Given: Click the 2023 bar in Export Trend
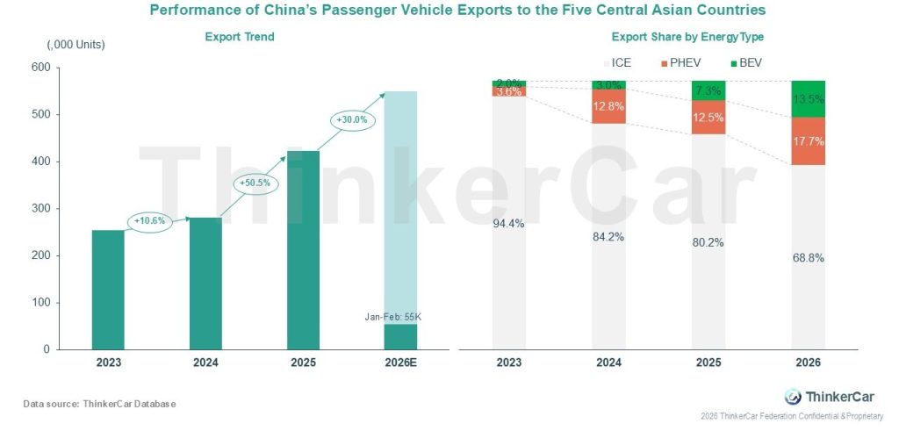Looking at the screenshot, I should [108, 290].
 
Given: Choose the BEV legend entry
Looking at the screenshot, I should [748, 63].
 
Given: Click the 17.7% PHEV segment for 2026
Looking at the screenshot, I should [809, 141].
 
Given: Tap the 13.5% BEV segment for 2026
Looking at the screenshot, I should [809, 98].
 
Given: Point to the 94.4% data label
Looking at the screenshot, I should [509, 223].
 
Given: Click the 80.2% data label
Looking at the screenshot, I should [708, 242].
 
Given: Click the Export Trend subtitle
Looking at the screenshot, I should [240, 37].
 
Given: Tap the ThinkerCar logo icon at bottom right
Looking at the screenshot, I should [793, 396].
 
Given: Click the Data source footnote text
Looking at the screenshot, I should [100, 403].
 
